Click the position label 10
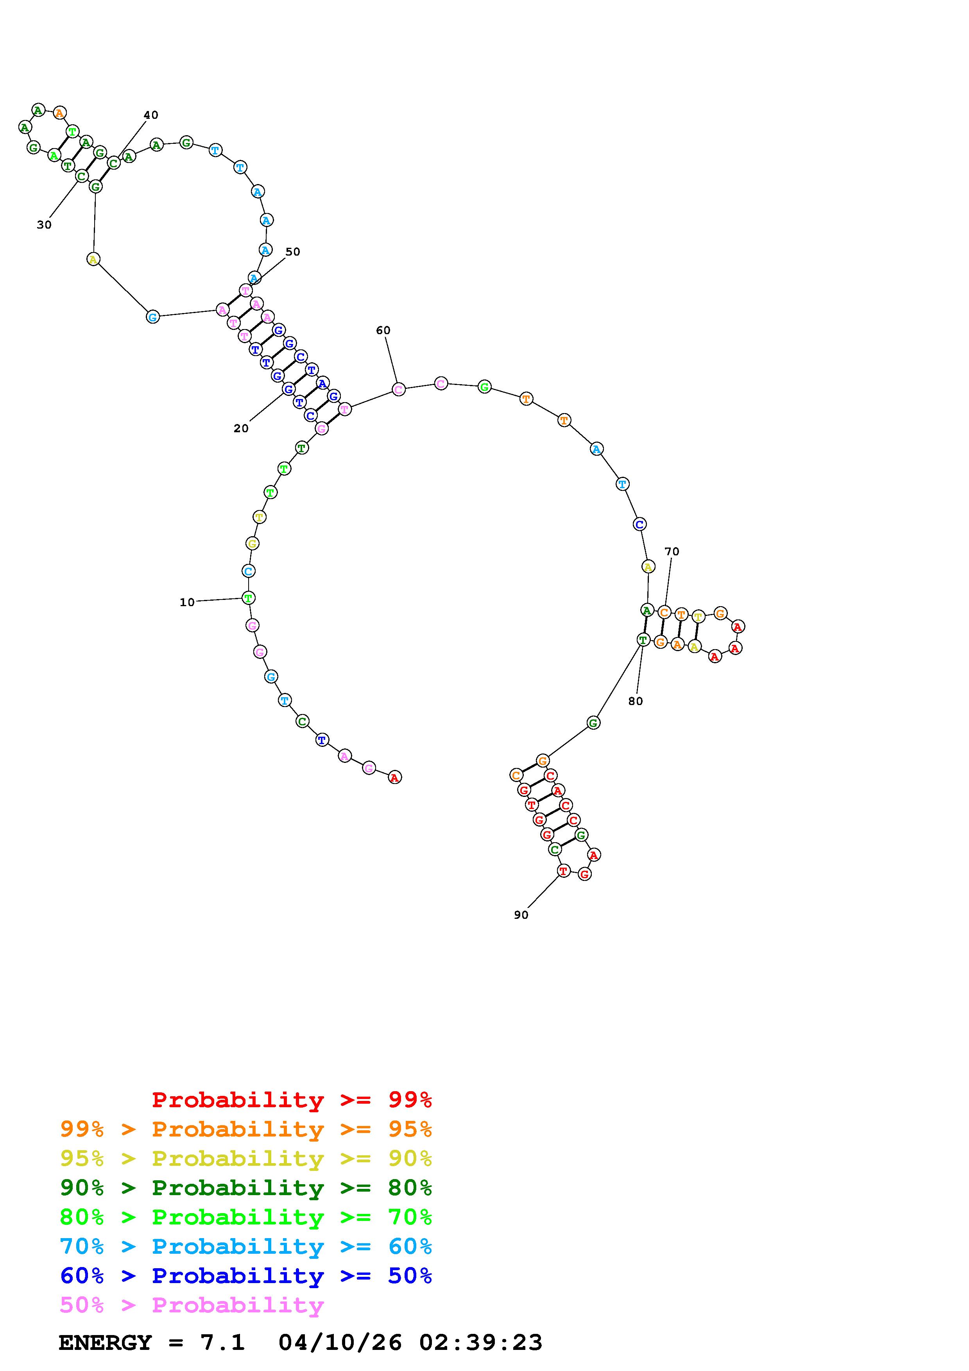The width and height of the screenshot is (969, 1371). click(187, 603)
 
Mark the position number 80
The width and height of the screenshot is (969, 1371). click(635, 702)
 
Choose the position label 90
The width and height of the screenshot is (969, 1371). click(521, 915)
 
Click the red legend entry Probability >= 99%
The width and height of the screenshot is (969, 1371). click(292, 1100)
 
